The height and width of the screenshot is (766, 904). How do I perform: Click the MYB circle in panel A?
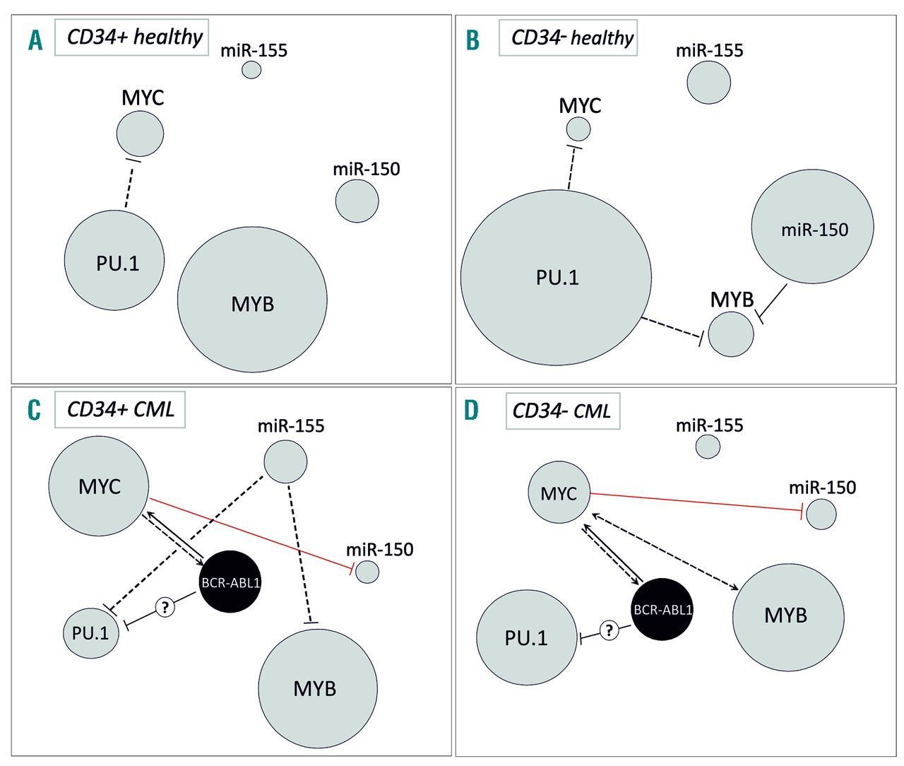coord(252,300)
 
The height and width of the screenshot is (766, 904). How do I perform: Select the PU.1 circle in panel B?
coord(556,277)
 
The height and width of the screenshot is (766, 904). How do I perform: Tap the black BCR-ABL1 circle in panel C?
coord(230,582)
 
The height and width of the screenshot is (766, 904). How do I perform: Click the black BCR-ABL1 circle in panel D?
coord(662,609)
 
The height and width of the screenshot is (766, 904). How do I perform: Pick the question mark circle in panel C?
coord(165,606)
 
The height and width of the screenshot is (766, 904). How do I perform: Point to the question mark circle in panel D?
coord(609,630)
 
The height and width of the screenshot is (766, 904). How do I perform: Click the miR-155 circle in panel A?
coord(251,69)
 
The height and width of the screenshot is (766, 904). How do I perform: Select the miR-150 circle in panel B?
coord(812,226)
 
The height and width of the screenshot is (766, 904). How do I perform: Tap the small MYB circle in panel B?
coord(731,334)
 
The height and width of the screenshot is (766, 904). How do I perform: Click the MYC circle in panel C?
coord(99,486)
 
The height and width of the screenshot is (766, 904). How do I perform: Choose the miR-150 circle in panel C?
coord(367,571)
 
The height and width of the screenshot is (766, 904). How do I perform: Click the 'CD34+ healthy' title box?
coord(132,37)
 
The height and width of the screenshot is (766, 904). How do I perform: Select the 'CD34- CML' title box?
coord(562,411)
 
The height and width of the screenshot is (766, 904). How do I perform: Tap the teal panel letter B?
coord(472,40)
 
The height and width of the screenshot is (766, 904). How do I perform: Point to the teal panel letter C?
coord(34,410)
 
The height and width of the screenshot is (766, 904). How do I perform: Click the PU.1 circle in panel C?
coord(91,632)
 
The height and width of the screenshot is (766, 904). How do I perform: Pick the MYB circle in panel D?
coord(788,615)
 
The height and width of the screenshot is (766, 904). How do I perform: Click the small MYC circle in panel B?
coord(578,129)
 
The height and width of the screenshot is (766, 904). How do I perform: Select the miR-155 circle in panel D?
coord(708,447)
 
